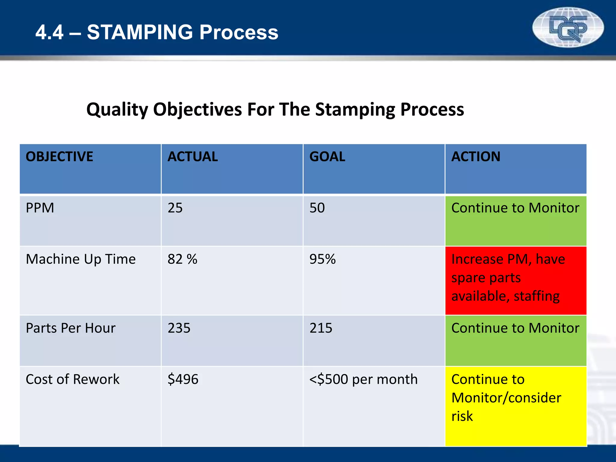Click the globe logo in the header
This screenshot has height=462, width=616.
coord(568,27)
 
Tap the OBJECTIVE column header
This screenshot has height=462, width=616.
coord(59,157)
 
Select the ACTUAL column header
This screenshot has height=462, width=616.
coord(192,157)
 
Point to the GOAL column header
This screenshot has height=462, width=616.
coord(327,157)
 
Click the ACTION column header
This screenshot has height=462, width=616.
coord(476,157)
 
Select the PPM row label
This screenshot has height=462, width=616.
coord(40,208)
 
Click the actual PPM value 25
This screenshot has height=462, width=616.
coord(175,208)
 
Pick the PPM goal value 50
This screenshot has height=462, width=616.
coord(317,208)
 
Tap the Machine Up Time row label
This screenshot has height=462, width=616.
coord(81,259)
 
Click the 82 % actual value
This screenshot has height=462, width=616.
coord(182,259)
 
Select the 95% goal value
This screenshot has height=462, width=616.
coord(322,259)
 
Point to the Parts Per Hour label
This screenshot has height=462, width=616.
coord(70,328)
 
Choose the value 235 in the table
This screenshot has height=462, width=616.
coord(179,328)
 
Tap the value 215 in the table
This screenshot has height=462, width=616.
coord(321,328)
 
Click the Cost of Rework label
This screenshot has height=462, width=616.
coord(72,379)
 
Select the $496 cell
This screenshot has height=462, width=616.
coord(183,379)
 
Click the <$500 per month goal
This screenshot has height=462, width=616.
coord(363,379)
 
